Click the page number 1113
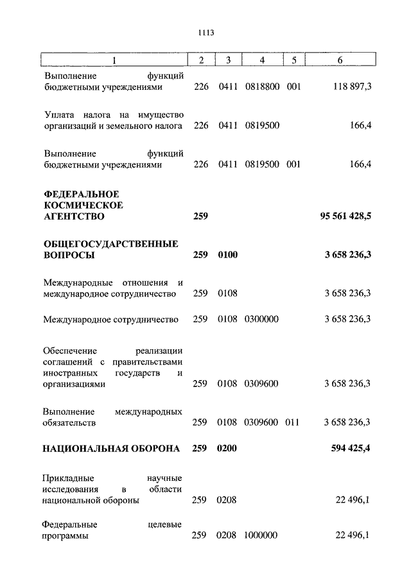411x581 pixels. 205,33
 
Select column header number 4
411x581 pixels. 262,60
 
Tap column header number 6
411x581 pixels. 340,60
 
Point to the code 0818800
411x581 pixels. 262,87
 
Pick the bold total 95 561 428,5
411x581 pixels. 345,217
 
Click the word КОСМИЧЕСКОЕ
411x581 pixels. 83,205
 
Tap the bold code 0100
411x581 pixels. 227,256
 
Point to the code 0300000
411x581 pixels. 261,318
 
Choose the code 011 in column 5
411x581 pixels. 293,422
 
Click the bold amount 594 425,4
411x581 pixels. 350,449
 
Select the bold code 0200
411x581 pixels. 227,449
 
